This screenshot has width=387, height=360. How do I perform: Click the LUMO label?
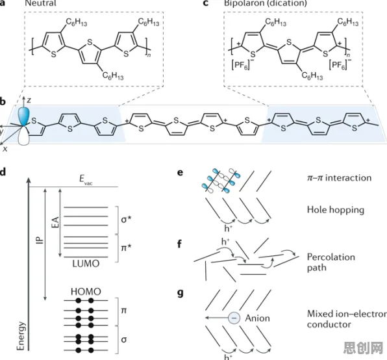click(x=86, y=264)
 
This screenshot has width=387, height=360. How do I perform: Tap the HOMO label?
click(x=86, y=292)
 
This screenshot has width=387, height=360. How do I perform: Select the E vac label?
click(x=86, y=179)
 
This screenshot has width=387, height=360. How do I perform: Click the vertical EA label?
click(x=56, y=222)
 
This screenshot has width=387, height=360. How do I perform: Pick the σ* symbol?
click(x=126, y=219)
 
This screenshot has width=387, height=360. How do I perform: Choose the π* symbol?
click(x=126, y=247)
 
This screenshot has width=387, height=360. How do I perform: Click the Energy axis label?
click(x=21, y=336)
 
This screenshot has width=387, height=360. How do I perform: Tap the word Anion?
click(x=257, y=318)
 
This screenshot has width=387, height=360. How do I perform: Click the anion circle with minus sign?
click(x=234, y=318)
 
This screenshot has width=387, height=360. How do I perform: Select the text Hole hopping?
click(x=336, y=210)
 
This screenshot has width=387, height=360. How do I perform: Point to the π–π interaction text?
click(x=339, y=178)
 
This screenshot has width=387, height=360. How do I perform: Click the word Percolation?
click(x=331, y=257)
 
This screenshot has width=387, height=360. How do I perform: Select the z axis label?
click(x=29, y=100)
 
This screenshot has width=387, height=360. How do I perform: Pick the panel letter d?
click(x=3, y=172)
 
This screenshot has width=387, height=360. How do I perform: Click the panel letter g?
click(x=181, y=293)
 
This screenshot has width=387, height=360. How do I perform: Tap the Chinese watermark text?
click(x=363, y=348)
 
